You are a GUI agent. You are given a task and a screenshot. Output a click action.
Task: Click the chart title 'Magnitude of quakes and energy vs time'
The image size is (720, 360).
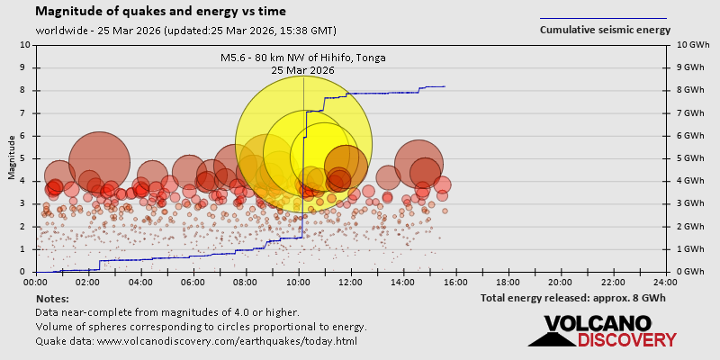click(x=161, y=12)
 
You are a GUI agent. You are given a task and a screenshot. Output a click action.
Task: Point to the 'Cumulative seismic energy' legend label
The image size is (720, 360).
click(x=605, y=30)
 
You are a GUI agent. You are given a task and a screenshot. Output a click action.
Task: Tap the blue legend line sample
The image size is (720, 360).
click(x=603, y=18)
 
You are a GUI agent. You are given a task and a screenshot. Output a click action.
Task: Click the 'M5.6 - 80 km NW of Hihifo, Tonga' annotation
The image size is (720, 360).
click(x=303, y=58)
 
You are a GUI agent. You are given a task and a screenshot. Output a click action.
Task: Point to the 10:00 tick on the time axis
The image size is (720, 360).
click(x=299, y=281)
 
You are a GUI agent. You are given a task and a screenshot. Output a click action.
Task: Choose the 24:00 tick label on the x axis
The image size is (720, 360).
click(x=666, y=281)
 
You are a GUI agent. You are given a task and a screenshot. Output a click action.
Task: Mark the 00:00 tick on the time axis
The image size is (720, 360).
click(x=37, y=281)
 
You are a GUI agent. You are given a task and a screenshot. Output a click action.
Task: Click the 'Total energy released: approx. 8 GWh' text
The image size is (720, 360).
click(x=574, y=298)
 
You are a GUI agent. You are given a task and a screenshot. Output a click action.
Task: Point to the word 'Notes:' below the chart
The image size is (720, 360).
click(x=52, y=298)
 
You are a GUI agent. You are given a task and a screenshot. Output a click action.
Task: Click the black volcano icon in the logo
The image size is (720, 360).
click(x=551, y=334)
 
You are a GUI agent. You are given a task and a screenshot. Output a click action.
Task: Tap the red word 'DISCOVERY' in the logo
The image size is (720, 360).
click(x=626, y=339)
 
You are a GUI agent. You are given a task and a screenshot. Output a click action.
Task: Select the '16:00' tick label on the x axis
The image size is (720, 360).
click(x=456, y=281)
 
